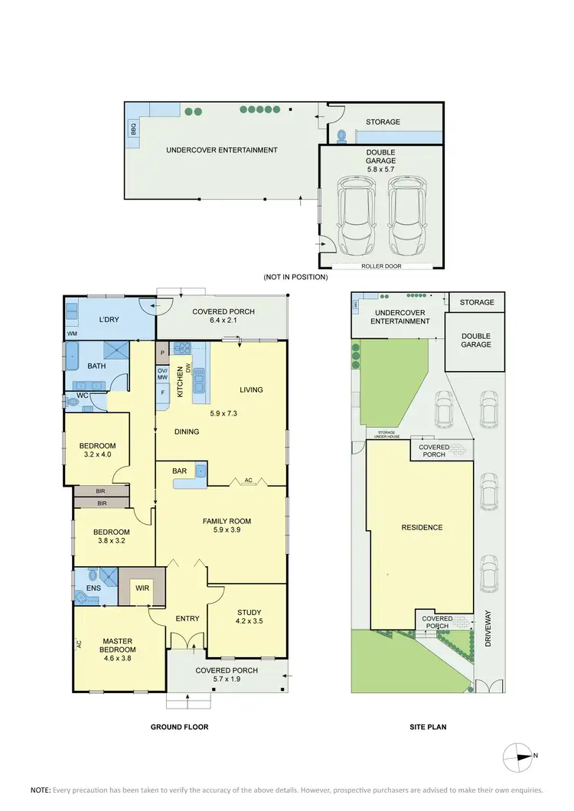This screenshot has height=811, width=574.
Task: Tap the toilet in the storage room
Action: (342, 136)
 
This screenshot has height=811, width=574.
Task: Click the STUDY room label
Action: (249, 612)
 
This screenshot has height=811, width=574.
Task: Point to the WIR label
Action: (142, 588)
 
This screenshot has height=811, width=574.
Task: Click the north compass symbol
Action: (520, 756)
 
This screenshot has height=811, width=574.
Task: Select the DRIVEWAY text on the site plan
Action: (489, 628)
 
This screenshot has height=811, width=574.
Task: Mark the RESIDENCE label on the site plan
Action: (422, 527)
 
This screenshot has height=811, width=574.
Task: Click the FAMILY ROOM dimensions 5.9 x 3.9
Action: (227, 530)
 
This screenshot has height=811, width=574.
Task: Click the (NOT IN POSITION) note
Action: (295, 277)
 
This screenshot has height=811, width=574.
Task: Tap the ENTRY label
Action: (187, 618)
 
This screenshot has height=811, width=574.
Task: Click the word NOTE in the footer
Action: (40, 790)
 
